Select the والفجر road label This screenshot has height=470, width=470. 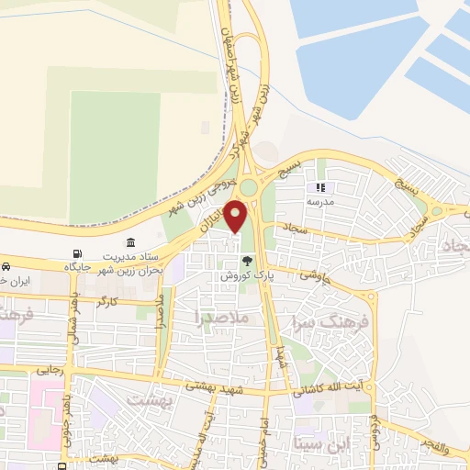(436, 448)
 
